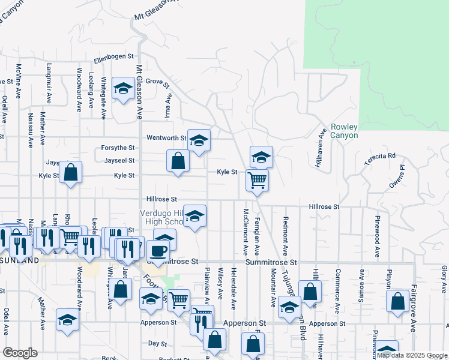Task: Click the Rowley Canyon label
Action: pyautogui.click(x=344, y=131)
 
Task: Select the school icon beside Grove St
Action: pyautogui.click(x=124, y=89)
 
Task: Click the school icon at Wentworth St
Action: pyautogui.click(x=199, y=141)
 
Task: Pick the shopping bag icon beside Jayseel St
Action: pyautogui.click(x=178, y=161)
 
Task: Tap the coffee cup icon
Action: pyautogui.click(x=158, y=251)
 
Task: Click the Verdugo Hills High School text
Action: pyautogui.click(x=161, y=217)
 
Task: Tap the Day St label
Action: pyautogui.click(x=157, y=343)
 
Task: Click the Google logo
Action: pyautogui.click(x=20, y=352)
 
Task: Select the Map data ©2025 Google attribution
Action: pyautogui.click(x=412, y=355)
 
